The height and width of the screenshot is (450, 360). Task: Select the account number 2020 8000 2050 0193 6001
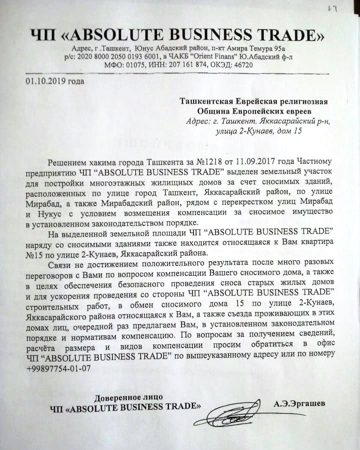(117, 57)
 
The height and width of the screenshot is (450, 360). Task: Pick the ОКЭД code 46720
(242, 65)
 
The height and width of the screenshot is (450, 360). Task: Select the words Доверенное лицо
(128, 397)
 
